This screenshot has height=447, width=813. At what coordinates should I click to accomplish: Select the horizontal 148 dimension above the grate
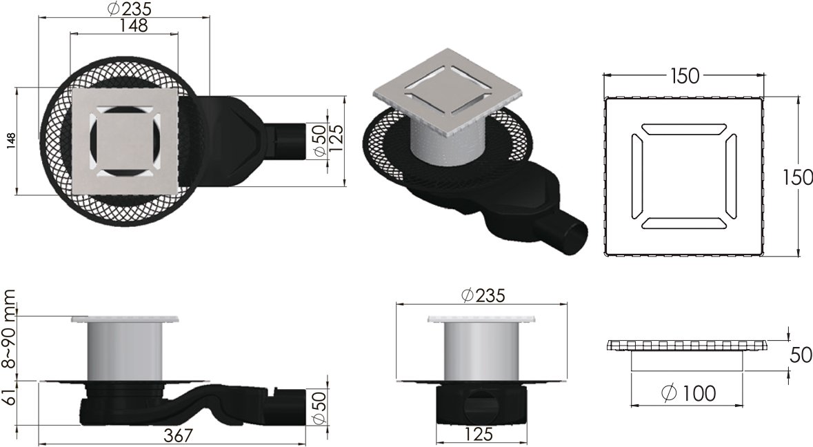133,26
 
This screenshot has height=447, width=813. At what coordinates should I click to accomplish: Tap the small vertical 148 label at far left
10,141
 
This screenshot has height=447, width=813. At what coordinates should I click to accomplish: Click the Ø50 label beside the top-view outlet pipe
319,141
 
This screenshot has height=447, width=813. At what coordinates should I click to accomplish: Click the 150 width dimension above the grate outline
684,75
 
